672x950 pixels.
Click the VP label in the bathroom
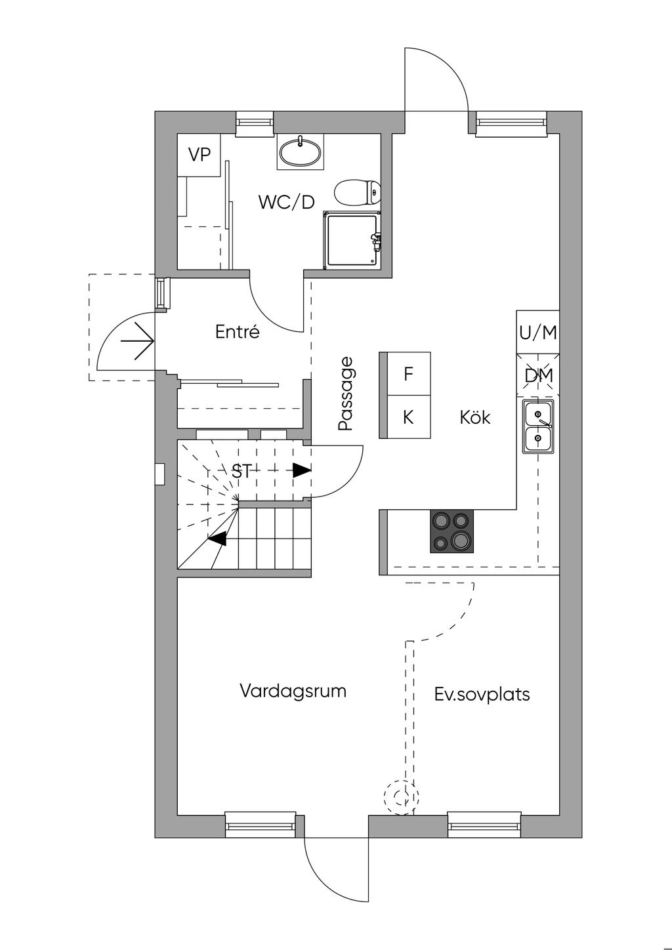[199, 155]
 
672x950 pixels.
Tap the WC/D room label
[286, 202]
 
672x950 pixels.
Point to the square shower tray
[352, 240]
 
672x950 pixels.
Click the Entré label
[237, 331]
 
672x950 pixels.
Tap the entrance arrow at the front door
[136, 341]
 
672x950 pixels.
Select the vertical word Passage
[346, 394]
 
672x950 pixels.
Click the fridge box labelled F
[405, 374]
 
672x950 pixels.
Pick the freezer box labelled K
[405, 417]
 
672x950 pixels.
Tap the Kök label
[475, 417]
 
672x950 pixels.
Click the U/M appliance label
[538, 333]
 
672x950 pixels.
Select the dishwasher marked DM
[538, 375]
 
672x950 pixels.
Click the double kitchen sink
[538, 426]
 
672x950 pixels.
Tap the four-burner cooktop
[451, 531]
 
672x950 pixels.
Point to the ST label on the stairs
[241, 471]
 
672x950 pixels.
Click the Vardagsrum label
[293, 690]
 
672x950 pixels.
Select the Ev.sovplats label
[482, 694]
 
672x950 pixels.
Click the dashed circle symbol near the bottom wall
[402, 798]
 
